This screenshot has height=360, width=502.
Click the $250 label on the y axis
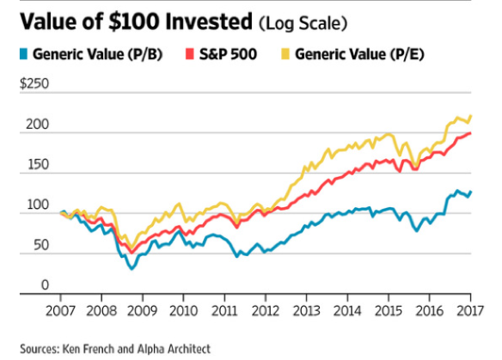point(34,83)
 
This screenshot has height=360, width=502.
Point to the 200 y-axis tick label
point(38,125)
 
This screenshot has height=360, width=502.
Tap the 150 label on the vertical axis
point(38,164)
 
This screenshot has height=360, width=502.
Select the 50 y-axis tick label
point(41,245)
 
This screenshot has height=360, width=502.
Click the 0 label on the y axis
point(46,284)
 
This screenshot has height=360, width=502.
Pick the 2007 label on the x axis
point(60,311)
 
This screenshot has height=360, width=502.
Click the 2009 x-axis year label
point(142,311)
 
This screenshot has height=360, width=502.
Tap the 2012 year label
point(266,311)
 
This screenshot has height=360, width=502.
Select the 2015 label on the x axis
point(389,311)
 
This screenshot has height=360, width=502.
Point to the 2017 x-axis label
point(470,311)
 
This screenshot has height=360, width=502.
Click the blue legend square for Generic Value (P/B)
point(23,54)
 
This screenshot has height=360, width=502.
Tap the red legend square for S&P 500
point(190,54)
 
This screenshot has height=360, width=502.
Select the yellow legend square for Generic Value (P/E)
point(285,54)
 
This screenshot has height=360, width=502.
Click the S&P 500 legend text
point(228,54)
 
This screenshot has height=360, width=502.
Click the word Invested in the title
point(209,21)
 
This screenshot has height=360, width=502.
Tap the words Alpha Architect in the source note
point(174,349)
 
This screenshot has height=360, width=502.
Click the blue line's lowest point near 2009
point(132,269)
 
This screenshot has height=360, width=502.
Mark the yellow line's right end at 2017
point(471,116)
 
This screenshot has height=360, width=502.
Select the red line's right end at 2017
point(470,133)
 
